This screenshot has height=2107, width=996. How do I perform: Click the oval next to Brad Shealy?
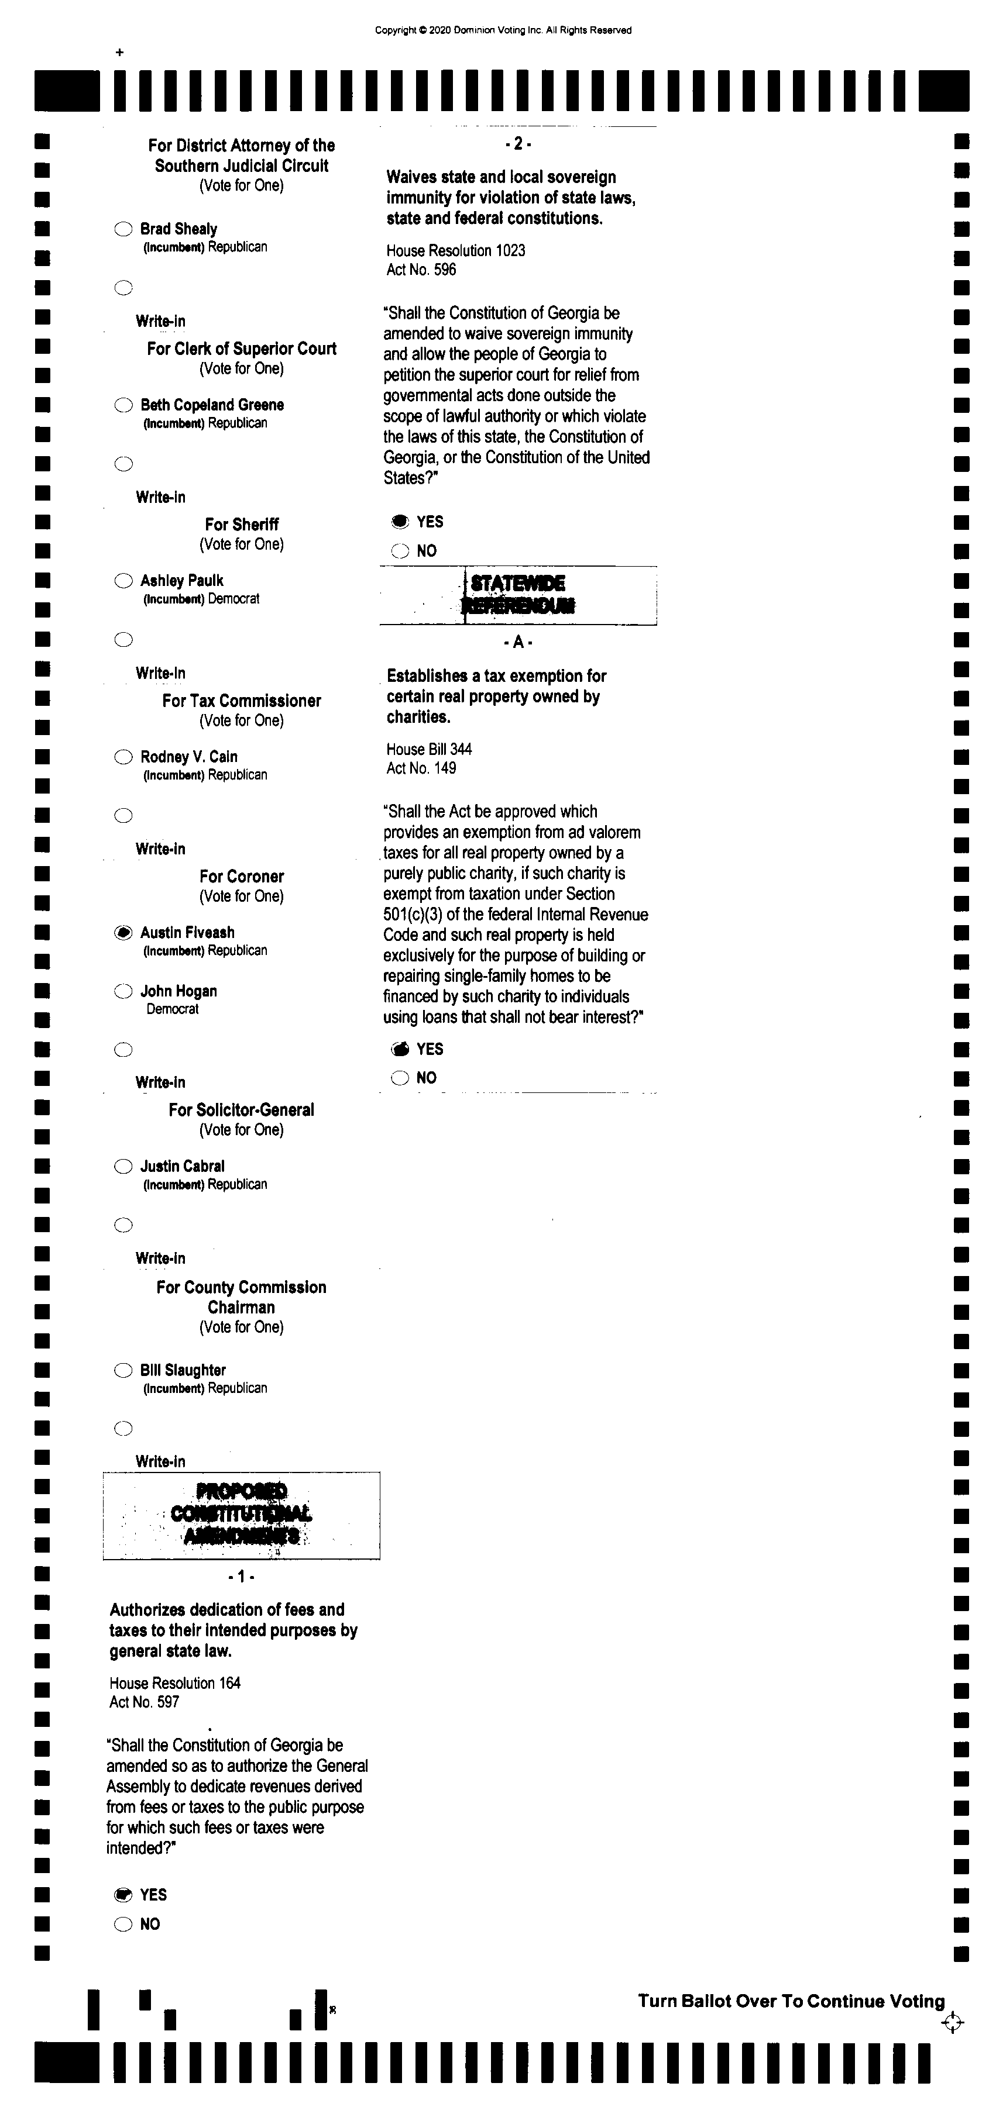pyautogui.click(x=123, y=229)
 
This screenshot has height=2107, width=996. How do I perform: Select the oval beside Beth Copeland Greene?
pyautogui.click(x=123, y=405)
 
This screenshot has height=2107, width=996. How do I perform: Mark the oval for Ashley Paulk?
pyautogui.click(x=123, y=581)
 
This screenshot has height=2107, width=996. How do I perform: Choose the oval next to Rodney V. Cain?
pyautogui.click(x=123, y=757)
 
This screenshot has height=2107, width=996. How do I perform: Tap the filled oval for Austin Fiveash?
pyautogui.click(x=123, y=932)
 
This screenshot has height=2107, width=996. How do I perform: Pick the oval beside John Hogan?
pyautogui.click(x=123, y=991)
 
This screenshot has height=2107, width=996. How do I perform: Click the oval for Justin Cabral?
pyautogui.click(x=123, y=1167)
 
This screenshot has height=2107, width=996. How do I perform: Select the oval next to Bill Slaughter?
pyautogui.click(x=123, y=1370)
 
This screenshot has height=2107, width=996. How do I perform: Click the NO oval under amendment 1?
pyautogui.click(x=123, y=1924)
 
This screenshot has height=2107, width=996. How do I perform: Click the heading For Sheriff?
pyautogui.click(x=242, y=525)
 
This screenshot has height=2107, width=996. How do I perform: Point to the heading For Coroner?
pyautogui.click(x=242, y=876)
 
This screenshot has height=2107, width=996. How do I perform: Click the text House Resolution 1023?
pyautogui.click(x=456, y=250)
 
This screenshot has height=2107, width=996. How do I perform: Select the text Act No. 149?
pyautogui.click(x=421, y=768)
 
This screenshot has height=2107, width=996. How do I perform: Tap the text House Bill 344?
pyautogui.click(x=429, y=749)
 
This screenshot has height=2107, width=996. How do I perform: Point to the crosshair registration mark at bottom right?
pyautogui.click(x=952, y=2023)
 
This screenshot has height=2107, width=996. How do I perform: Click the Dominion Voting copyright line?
pyautogui.click(x=503, y=30)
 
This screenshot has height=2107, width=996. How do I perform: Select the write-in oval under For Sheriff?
pyautogui.click(x=123, y=640)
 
